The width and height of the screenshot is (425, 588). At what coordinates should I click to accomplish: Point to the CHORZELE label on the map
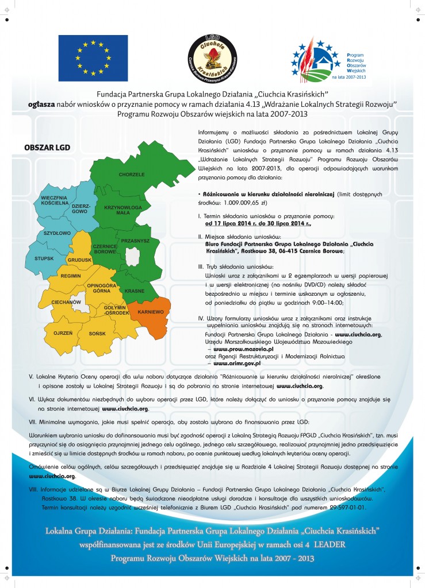[x=131, y=174]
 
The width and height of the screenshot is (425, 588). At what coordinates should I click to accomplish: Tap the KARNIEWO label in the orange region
[x=148, y=311]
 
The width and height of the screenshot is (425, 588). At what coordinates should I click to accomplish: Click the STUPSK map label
[x=44, y=258]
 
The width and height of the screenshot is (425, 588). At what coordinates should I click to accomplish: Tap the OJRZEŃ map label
[x=62, y=333]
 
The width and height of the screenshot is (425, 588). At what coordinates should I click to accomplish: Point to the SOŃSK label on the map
[x=98, y=333]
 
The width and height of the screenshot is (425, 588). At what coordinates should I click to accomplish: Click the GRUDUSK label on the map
[x=79, y=260]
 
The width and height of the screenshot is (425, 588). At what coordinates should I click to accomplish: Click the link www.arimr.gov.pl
[x=237, y=363]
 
